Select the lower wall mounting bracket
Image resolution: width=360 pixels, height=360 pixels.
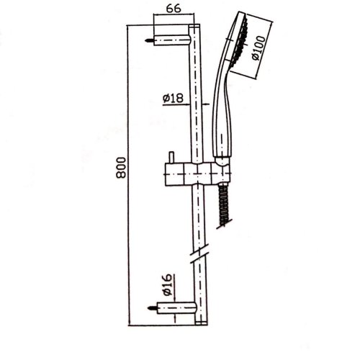click(174, 309)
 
